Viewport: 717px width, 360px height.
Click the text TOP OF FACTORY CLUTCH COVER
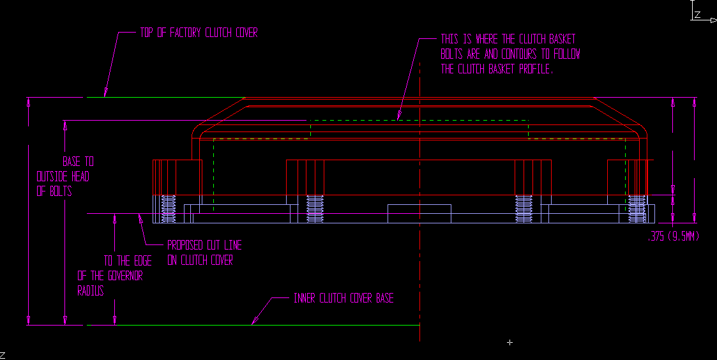[x=199, y=33]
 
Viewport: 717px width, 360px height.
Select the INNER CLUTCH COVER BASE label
[x=343, y=298]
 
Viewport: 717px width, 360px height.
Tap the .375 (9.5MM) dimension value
[x=674, y=236]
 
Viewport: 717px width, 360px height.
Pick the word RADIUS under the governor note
[x=91, y=291]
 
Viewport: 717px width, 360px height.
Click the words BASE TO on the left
[x=78, y=161]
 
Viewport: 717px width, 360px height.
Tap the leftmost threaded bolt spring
[x=169, y=209]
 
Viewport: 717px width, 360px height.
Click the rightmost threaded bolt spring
[x=637, y=209]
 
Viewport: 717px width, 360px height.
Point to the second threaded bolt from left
[x=315, y=209]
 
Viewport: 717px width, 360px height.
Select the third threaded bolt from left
[x=524, y=209]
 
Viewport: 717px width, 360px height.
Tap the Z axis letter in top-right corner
[x=698, y=14]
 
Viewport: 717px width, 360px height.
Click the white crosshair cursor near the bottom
[x=509, y=343]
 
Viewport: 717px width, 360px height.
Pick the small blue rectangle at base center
[x=419, y=213]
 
